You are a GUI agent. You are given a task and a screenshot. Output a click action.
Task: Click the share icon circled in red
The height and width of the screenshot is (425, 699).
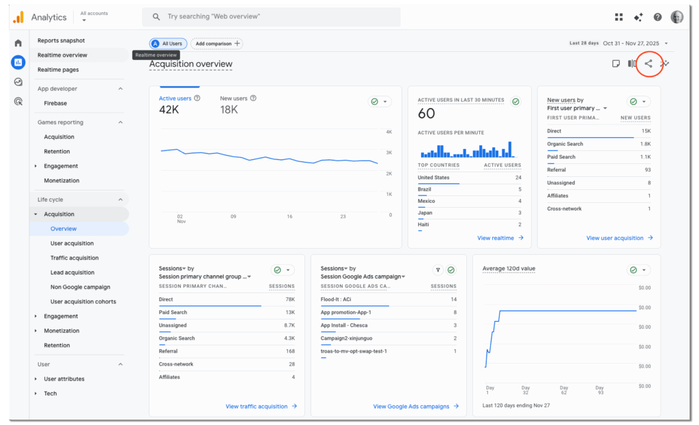(x=648, y=64)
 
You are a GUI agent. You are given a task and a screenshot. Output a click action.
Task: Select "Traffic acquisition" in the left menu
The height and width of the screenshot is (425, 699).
(x=74, y=258)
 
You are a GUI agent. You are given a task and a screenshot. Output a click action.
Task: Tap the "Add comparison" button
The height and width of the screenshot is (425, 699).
(x=216, y=43)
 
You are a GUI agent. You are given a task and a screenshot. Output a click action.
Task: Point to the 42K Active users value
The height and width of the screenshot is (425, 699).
(x=169, y=109)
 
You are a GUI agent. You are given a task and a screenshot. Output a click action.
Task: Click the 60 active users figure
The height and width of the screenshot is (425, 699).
(x=426, y=113)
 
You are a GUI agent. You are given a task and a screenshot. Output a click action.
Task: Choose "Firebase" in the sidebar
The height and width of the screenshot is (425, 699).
(x=55, y=103)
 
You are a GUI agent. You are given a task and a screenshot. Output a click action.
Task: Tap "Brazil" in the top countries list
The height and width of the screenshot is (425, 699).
(x=425, y=189)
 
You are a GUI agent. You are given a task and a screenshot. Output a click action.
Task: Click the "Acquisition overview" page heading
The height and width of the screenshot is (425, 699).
(x=190, y=64)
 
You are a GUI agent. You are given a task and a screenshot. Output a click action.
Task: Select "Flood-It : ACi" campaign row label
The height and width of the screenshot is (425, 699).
(x=337, y=299)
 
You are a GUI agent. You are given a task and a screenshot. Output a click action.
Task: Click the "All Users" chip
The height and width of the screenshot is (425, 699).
(x=167, y=43)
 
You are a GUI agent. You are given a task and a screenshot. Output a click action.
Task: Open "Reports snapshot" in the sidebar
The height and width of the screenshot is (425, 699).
(x=61, y=40)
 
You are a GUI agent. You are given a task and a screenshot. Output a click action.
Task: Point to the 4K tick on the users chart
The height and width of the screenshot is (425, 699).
(x=389, y=131)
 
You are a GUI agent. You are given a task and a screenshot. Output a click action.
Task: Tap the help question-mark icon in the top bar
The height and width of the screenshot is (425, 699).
(x=657, y=17)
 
